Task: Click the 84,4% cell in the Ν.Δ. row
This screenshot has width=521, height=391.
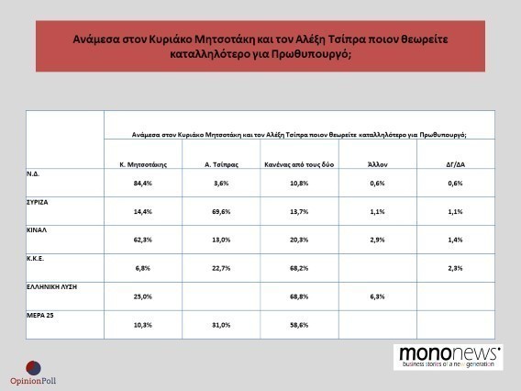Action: coord(143,184)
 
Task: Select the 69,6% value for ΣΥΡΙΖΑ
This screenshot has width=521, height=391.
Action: coord(221,211)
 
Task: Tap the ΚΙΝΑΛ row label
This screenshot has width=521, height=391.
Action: coord(37,230)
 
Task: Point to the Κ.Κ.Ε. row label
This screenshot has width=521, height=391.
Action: coord(35,258)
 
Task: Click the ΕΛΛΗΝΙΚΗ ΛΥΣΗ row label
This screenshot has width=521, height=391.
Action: coord(52,286)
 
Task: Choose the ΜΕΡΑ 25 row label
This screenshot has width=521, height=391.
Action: coord(39,315)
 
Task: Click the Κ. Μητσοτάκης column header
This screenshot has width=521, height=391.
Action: coord(143,164)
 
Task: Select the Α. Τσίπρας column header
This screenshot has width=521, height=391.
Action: coord(221,164)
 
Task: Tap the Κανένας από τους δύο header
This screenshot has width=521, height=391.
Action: coord(299,164)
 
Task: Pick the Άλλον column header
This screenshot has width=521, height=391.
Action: coord(378,164)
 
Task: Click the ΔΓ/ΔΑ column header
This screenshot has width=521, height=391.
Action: coord(456,164)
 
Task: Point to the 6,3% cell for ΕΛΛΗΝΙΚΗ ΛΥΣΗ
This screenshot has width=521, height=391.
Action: coord(378,296)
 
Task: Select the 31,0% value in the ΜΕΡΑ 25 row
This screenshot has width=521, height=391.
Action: coord(221,325)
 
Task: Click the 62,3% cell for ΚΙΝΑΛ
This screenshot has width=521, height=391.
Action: coord(143,240)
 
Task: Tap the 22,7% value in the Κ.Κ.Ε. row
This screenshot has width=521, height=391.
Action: coord(221,268)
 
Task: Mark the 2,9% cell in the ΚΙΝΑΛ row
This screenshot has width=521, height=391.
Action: coord(378,240)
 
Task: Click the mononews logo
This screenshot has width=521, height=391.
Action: coord(449,357)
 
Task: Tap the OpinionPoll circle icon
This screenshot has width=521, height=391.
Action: coord(34,368)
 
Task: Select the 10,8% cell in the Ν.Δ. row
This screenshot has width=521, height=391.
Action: coord(299,184)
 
